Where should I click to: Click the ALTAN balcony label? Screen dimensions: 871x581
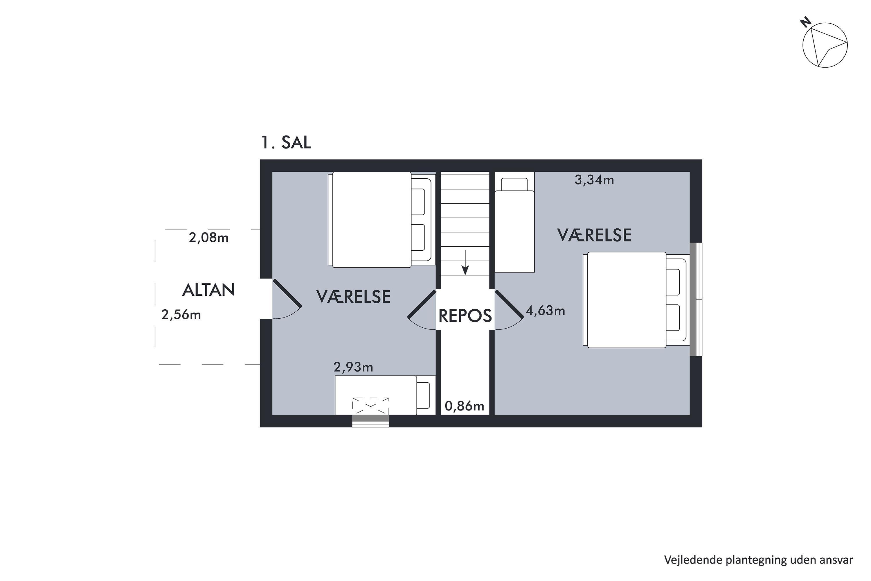(208, 290)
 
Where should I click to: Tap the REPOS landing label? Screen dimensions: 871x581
(465, 316)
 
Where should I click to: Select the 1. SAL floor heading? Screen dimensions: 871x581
(286, 142)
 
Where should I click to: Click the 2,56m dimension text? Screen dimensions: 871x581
(181, 315)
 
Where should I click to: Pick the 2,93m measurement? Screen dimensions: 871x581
(353, 367)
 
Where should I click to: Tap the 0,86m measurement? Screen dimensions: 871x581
(464, 406)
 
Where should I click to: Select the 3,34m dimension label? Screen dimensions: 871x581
(594, 180)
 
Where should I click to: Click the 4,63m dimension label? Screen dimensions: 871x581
(545, 311)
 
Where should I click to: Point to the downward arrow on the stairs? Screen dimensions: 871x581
(465, 262)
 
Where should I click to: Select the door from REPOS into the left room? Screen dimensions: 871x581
(422, 304)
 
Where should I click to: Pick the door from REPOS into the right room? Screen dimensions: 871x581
(509, 304)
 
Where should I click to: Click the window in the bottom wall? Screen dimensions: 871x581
(370, 421)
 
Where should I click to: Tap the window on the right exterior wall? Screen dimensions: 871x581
(696, 300)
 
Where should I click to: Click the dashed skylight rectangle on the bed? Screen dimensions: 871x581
(370, 405)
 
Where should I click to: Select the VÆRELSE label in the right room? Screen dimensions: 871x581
(594, 235)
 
